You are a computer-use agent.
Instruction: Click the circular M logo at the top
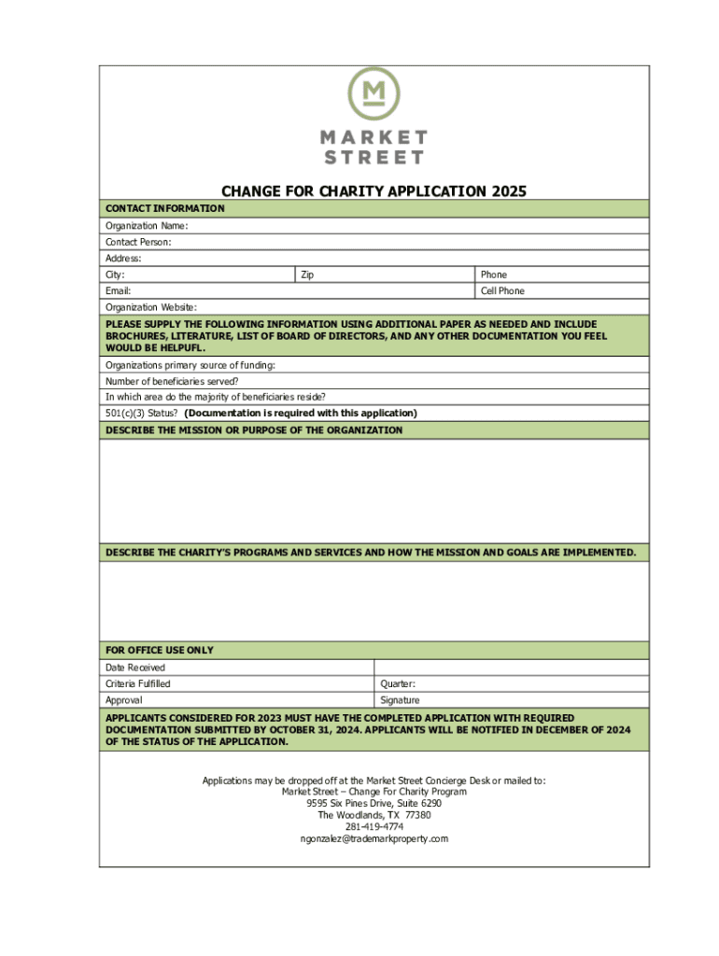click(374, 92)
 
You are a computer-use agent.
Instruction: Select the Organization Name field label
click(147, 226)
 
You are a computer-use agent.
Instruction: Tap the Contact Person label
click(138, 242)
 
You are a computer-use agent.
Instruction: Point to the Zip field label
click(307, 274)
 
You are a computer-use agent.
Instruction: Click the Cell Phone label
click(502, 290)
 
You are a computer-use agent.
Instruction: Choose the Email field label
click(119, 290)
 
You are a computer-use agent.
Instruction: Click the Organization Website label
click(151, 307)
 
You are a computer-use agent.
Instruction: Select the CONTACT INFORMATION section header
click(164, 208)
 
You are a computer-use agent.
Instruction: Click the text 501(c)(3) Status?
click(142, 413)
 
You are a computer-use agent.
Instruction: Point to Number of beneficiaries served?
click(172, 381)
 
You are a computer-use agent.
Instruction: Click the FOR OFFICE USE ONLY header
click(160, 650)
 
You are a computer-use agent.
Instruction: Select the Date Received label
click(135, 668)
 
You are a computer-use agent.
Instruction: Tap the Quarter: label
click(398, 684)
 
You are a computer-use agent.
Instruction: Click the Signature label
click(400, 700)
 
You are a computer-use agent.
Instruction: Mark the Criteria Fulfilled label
click(138, 684)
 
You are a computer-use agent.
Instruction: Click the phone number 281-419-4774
click(374, 826)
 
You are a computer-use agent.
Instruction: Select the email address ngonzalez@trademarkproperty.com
click(374, 838)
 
